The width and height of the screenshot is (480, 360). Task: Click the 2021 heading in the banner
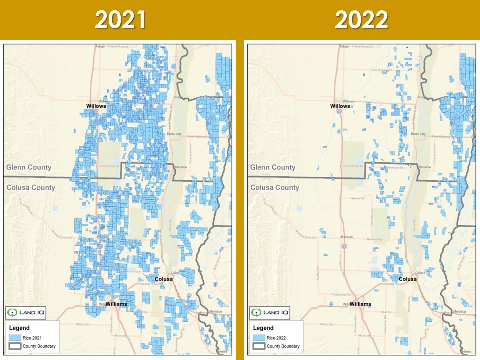(120, 20)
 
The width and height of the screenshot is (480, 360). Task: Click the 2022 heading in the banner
(361, 20)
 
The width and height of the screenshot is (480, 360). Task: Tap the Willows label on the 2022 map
(340, 106)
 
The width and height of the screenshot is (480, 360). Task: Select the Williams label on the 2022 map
(360, 304)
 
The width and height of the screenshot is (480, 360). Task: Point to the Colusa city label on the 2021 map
(163, 279)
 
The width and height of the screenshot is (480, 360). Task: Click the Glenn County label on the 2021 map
(28, 167)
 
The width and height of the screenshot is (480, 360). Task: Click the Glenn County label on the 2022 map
(272, 167)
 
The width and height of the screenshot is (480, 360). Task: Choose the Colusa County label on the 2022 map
(275, 187)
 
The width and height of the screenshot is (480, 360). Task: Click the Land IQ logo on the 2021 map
(25, 313)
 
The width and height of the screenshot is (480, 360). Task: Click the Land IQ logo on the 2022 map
(269, 313)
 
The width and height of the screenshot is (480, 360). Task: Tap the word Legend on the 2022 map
(263, 328)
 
